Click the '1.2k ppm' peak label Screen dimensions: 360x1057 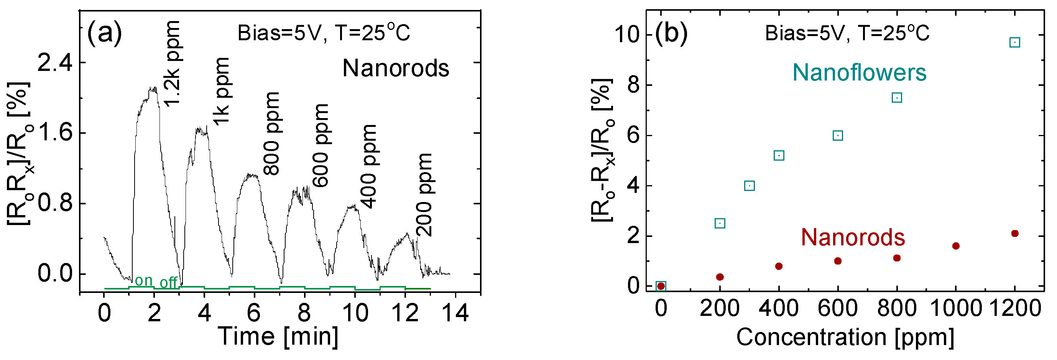(173, 64)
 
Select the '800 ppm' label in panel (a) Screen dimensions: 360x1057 (271, 133)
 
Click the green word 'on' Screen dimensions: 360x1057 (144, 280)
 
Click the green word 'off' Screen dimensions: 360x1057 (168, 283)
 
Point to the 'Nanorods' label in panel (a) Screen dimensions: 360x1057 (396, 68)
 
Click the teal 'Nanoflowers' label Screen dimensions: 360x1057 (859, 73)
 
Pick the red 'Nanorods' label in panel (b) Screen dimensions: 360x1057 (853, 237)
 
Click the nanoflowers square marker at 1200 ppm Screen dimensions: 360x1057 (1014, 42)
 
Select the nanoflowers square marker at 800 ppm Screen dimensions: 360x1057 (897, 98)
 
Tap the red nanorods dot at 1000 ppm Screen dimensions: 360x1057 (956, 246)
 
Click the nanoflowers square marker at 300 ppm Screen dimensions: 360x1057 (749, 186)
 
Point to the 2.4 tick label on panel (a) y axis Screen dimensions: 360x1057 (55, 63)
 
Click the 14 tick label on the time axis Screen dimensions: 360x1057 (455, 313)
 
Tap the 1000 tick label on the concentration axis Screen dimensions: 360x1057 (956, 308)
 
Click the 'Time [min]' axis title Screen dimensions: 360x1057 (278, 337)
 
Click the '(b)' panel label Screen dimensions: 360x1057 (671, 33)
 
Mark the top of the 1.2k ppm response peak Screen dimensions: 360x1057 (153, 88)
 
